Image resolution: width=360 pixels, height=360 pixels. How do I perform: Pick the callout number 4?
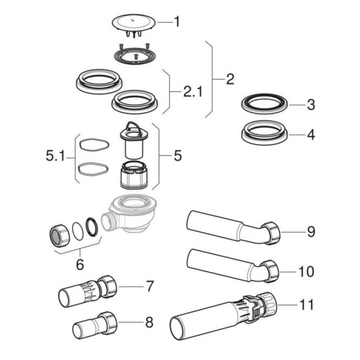pos(311,135)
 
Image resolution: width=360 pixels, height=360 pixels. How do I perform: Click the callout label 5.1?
pos(56,156)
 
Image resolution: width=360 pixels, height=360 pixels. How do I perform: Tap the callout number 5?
pos(177,156)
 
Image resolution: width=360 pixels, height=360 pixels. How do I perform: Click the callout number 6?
pos(80,265)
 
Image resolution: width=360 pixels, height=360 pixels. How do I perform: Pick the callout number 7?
pos(150,287)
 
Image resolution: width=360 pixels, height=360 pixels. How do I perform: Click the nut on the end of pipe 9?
pos(272,233)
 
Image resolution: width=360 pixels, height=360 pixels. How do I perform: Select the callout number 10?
pos(306,272)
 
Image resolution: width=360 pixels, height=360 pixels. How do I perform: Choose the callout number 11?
pos(306,305)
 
